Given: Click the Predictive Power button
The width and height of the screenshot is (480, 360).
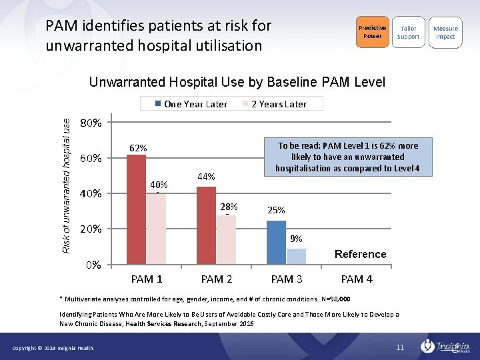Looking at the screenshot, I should (x=372, y=32).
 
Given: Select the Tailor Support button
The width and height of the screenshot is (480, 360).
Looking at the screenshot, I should (x=408, y=32).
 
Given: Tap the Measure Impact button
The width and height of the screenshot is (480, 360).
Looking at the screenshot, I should (x=445, y=32).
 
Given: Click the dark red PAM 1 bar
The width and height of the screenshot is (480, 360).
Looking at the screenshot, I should (x=136, y=209).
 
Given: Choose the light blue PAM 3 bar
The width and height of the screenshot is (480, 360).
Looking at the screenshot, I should (x=296, y=256).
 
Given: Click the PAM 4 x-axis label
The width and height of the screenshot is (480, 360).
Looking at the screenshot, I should (x=357, y=279).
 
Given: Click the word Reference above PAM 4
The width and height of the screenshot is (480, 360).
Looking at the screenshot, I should (x=360, y=254).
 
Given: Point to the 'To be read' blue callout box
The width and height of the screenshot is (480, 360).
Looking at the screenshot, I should (x=347, y=157).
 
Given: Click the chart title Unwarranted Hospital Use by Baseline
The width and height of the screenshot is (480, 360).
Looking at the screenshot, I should (x=237, y=83).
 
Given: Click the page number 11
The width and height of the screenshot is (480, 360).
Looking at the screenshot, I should (x=400, y=347).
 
